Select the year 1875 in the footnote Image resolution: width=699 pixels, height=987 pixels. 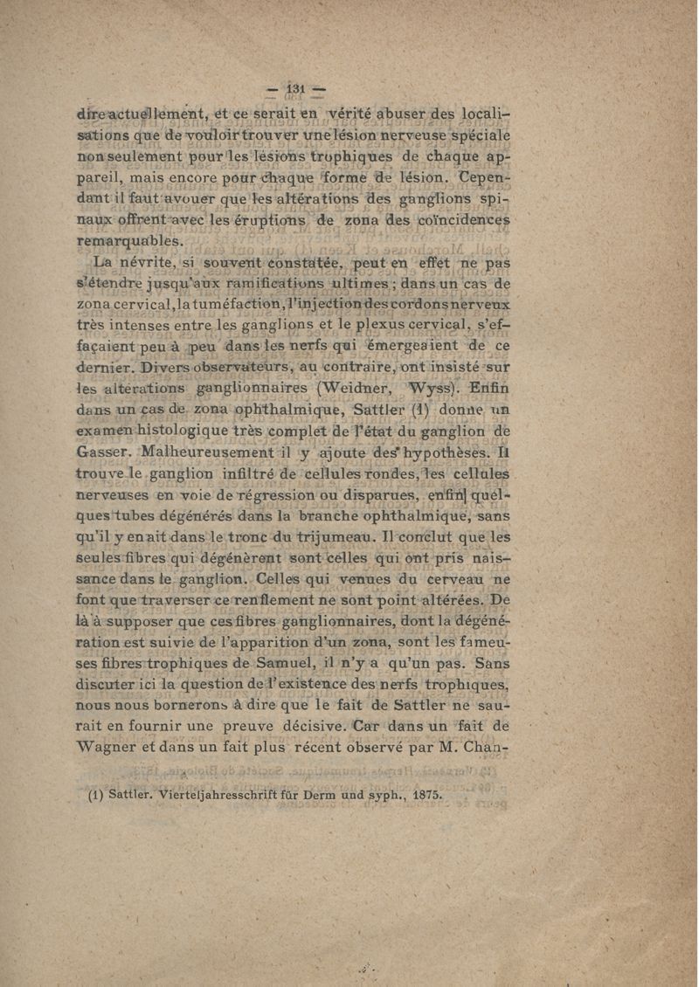425,796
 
